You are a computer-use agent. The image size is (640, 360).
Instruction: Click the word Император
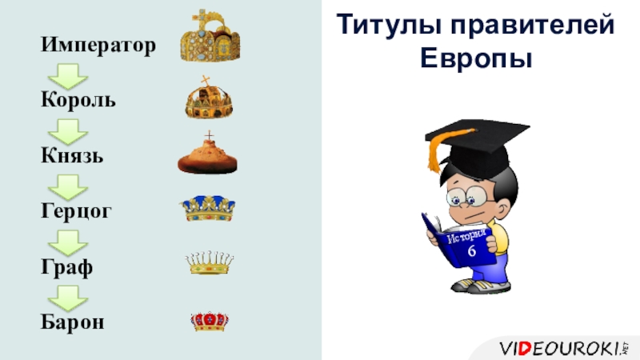coord(98,45)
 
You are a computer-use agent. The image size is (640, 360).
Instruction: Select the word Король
coord(78,99)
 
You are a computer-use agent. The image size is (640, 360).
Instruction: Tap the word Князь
coord(72,155)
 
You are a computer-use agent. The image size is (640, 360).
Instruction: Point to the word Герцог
coord(76,211)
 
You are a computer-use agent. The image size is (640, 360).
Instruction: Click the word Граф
coord(67,267)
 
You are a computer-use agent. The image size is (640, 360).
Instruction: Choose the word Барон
coord(73,321)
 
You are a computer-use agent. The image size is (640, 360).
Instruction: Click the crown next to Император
coord(210,35)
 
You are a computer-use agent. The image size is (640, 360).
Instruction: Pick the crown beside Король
coord(209,98)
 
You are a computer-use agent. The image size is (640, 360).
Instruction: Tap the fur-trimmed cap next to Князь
coord(207,154)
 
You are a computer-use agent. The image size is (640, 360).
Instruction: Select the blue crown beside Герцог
coord(209,209)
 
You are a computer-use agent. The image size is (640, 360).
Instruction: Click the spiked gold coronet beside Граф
coord(210,262)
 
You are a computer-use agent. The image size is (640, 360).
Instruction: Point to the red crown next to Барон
coord(210,322)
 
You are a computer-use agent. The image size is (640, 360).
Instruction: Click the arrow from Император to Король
coord(68,76)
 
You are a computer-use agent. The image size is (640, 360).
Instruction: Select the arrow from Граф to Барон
coord(68,298)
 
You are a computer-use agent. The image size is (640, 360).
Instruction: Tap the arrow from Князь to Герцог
coord(68,187)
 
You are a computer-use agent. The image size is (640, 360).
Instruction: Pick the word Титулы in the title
coord(390,26)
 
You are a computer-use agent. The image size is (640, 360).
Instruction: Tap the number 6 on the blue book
coord(472,250)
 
